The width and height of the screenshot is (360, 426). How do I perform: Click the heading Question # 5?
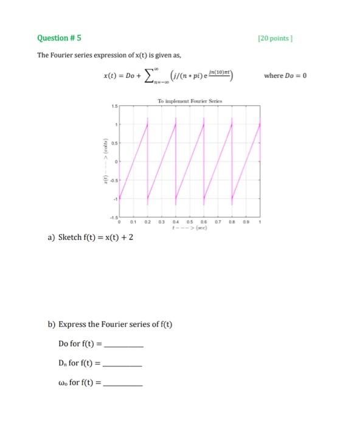point(59,38)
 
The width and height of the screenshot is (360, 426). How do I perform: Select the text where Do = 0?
point(285,75)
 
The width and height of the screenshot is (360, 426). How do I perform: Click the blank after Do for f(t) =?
point(124,343)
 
